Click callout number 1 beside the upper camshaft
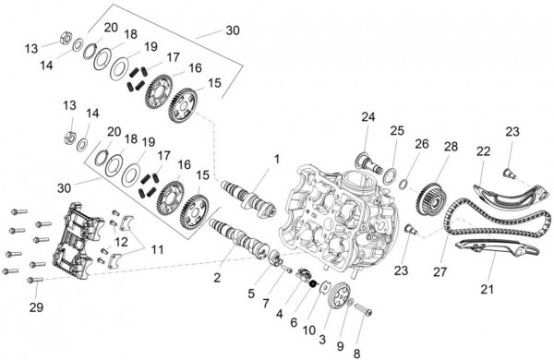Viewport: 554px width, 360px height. click(275, 160)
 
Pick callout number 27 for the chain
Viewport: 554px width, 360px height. click(440, 272)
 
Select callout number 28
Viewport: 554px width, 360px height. click(451, 147)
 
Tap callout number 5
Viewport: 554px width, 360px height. click(251, 294)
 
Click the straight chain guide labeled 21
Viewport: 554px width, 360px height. click(494, 251)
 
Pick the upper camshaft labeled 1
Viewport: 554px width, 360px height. click(245, 196)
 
